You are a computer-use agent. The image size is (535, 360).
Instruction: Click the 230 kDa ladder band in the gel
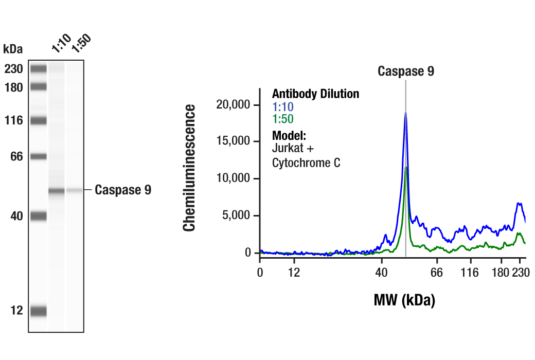click(x=38, y=68)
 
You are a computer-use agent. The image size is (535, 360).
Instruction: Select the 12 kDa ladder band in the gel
click(x=38, y=311)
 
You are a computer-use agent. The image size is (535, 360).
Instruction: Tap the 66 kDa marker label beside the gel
click(x=16, y=156)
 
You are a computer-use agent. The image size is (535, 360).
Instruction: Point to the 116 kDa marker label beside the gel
click(x=13, y=121)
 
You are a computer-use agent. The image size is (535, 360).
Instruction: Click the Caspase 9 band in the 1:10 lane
click(x=57, y=191)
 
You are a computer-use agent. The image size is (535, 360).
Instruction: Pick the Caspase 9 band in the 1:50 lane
click(x=75, y=190)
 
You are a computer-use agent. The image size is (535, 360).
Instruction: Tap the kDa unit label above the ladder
click(x=13, y=49)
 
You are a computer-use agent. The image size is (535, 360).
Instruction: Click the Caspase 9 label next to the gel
click(x=123, y=190)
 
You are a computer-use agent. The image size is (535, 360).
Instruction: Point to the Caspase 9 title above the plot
click(x=406, y=71)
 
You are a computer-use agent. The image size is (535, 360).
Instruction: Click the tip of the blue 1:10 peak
click(x=405, y=113)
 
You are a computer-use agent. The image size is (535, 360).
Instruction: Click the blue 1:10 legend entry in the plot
click(x=282, y=107)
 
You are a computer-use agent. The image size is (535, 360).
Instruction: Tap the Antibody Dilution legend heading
click(x=315, y=94)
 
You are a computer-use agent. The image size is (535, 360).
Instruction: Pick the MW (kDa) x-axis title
click(x=404, y=300)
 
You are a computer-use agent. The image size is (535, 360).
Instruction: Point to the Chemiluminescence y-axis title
click(x=190, y=168)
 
